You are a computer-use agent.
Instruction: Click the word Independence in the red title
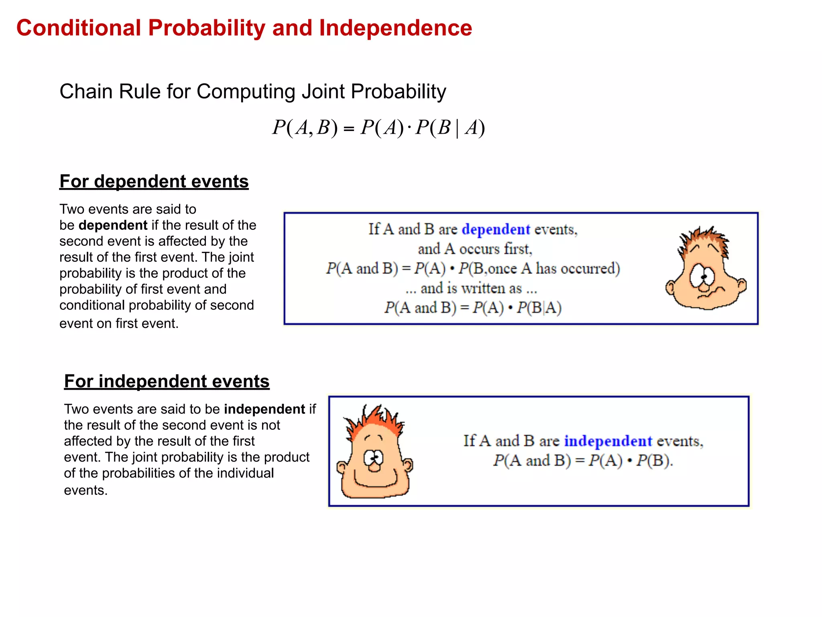395,28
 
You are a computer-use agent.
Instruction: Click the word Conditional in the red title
79,28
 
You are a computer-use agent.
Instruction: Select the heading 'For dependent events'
154,182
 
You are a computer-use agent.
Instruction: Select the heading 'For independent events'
167,381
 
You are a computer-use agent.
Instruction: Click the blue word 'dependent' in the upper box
496,229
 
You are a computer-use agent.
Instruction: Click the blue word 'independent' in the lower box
608,441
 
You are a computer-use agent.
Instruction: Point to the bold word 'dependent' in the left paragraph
113,225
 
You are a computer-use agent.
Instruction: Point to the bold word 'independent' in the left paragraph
265,409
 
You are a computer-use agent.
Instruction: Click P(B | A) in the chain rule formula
450,128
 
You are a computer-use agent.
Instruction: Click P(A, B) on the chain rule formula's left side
305,128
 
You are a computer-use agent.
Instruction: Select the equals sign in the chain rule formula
349,129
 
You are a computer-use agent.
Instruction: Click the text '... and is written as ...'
471,288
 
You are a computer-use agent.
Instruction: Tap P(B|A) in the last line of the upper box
539,308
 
